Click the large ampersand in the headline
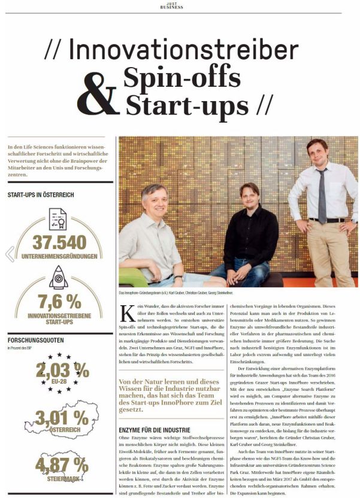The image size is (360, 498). [95, 92]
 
